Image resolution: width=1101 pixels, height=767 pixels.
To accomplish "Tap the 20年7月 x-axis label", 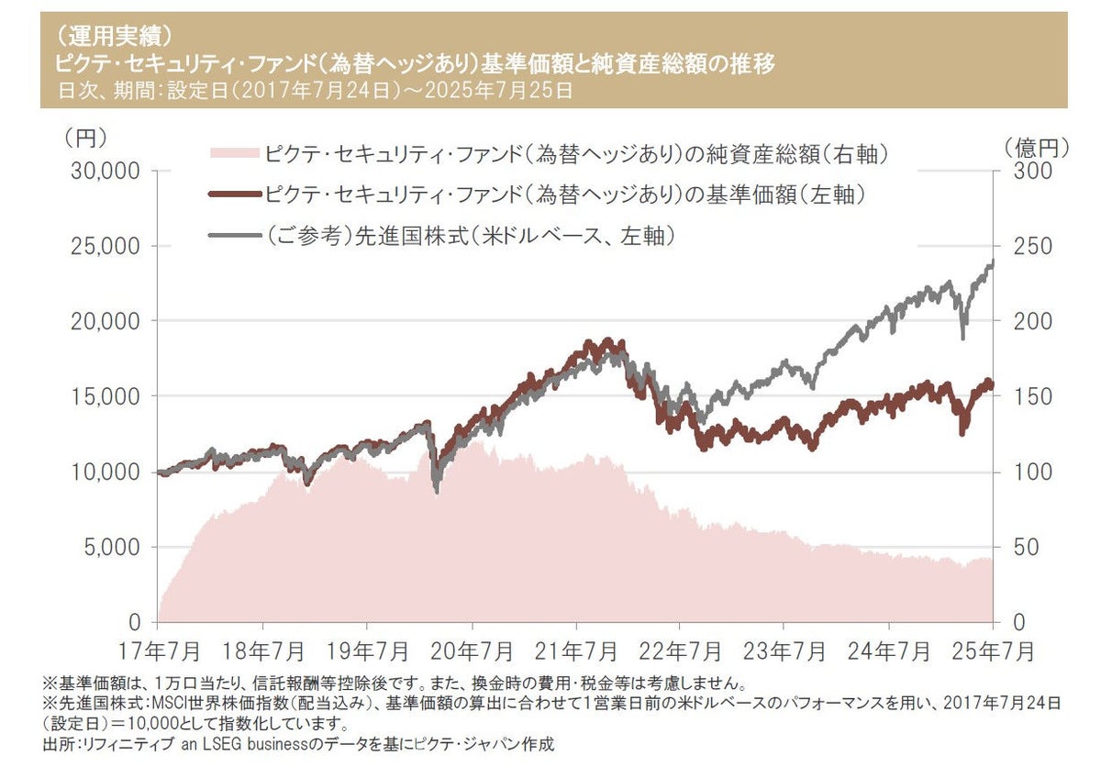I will click(x=471, y=651).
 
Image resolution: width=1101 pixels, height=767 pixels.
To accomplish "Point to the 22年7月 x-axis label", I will click(x=680, y=651).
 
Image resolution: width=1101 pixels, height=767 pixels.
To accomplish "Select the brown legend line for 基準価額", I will click(x=235, y=195).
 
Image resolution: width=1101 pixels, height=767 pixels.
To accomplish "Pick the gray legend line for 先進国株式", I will click(x=235, y=235).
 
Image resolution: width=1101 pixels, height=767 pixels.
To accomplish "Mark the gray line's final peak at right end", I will click(x=993, y=262).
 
